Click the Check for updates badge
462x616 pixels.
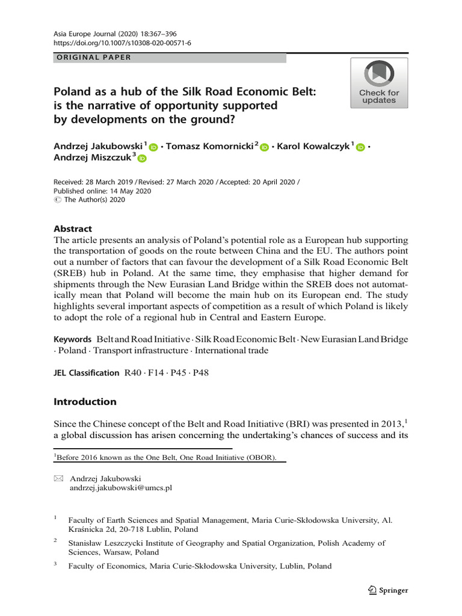379,83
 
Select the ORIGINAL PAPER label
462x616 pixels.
93,58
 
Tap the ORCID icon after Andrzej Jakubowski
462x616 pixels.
153,147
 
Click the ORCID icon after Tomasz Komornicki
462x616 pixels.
264,147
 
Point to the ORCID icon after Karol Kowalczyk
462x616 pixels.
360,147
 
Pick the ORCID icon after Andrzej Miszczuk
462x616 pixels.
142,159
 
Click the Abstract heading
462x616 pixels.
73,229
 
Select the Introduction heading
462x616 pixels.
85,402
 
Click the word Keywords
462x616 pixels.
72,339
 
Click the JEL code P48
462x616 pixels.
200,373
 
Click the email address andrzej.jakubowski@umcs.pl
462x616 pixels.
121,488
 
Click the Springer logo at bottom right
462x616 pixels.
387,590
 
